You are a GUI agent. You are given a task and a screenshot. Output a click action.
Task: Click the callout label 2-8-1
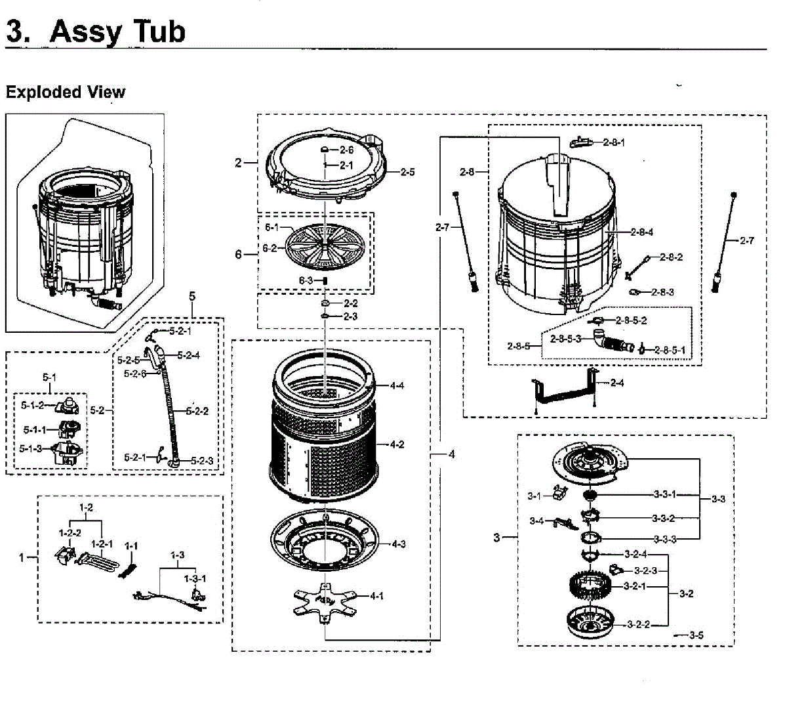pos(614,142)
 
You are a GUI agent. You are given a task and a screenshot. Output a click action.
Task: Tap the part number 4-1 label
pos(376,596)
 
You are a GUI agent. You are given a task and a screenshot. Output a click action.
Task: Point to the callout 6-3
pos(306,280)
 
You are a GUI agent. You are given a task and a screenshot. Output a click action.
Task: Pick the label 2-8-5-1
pos(669,350)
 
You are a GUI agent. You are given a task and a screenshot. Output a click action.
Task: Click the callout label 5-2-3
pos(202,461)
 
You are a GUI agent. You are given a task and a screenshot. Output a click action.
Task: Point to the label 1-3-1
pos(195,578)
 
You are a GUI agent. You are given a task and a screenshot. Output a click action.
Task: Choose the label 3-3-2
pos(663,519)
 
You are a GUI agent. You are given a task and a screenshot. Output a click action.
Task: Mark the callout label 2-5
pos(407,172)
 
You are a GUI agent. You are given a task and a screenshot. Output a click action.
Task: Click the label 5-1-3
pos(30,448)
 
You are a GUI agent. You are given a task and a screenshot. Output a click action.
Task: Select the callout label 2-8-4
pos(642,232)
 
